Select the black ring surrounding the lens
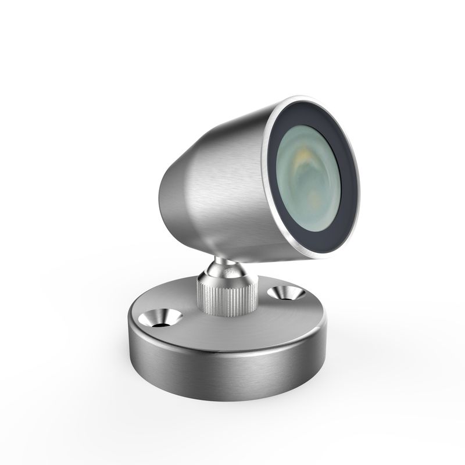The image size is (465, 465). pyautogui.click(x=345, y=192)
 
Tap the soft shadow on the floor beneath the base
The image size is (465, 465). pyautogui.click(x=233, y=413)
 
